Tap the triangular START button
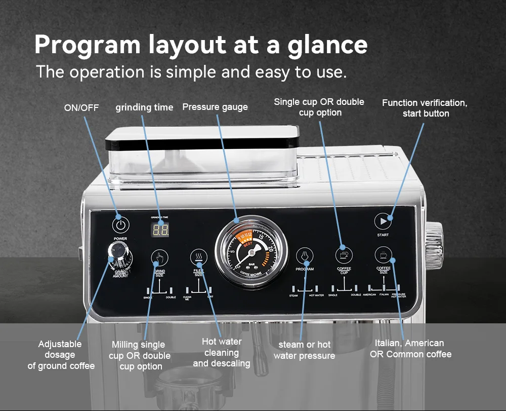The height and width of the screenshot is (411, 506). coord(383,221)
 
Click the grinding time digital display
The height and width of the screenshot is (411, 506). coord(161,230)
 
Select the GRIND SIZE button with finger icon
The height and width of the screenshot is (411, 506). coord(159,257)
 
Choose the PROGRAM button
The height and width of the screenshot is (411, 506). coord(305,255)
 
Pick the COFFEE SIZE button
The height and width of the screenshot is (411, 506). coord(384,255)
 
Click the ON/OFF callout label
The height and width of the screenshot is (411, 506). coord(81,107)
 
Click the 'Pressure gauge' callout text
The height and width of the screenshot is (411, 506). coord(215,107)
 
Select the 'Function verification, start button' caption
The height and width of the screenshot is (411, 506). coord(425,108)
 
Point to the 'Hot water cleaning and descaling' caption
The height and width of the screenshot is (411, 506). coord(222,352)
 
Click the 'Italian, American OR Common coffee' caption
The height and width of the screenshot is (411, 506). coord(410,349)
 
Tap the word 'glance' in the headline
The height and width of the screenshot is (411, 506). coord(327,45)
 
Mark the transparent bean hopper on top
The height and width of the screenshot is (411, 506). coord(202,155)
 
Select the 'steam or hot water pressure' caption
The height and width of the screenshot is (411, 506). coord(304,350)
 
